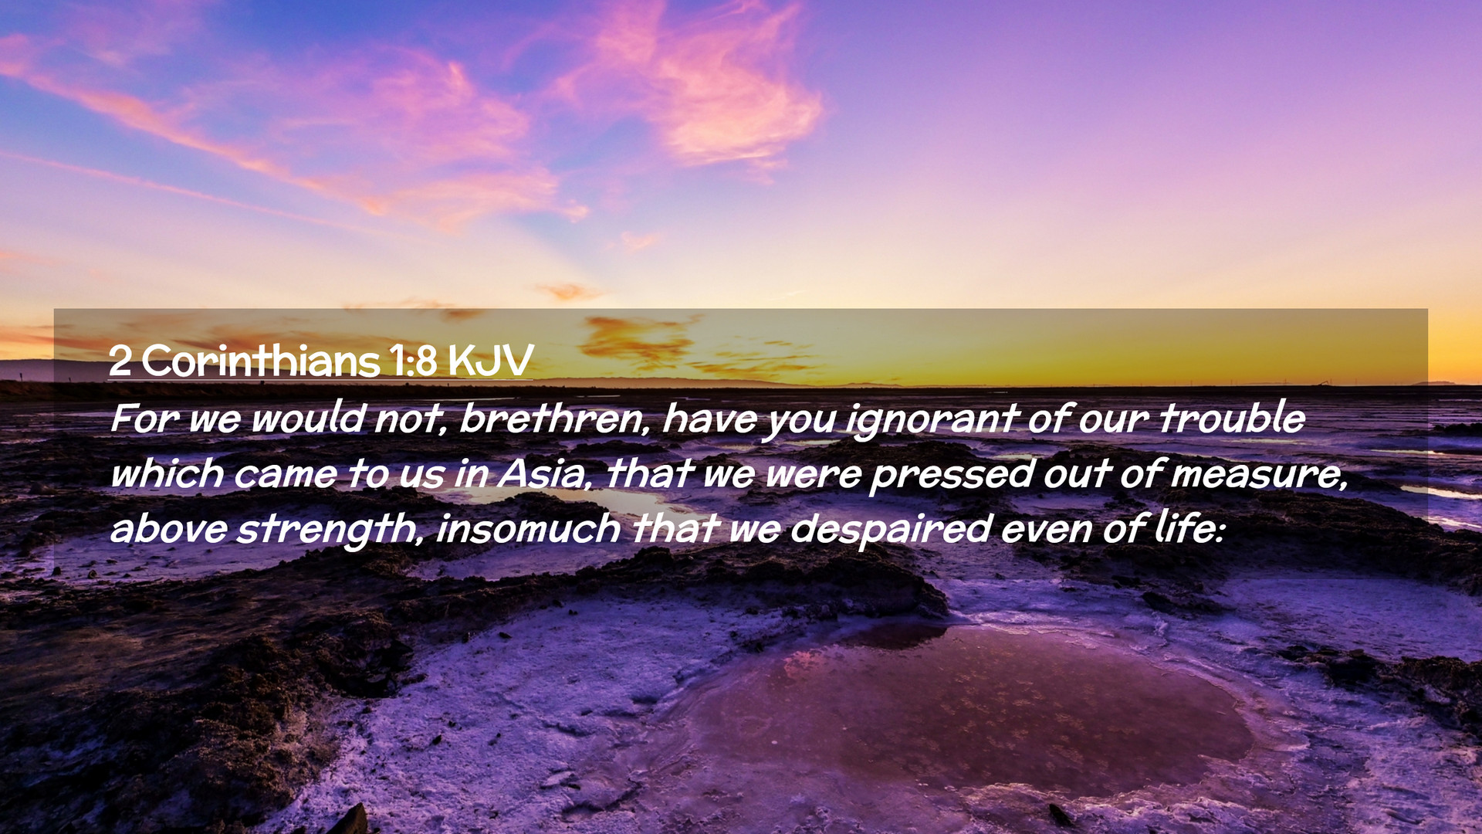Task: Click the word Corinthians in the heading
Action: pos(260,361)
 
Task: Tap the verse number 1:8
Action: pos(413,361)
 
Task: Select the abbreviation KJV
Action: pos(490,361)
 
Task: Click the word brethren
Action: pos(554,419)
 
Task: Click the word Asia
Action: pos(544,473)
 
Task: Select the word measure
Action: pos(1259,474)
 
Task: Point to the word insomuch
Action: pos(528,529)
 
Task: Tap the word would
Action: pos(307,419)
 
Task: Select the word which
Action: pos(167,473)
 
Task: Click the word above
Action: pos(169,529)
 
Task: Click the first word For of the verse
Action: pos(145,419)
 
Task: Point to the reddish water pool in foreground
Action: pos(965,707)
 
